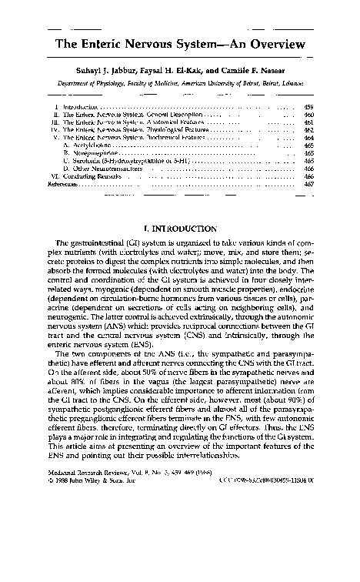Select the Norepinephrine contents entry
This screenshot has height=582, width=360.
click(93, 154)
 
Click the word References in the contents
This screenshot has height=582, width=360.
click(62, 185)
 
